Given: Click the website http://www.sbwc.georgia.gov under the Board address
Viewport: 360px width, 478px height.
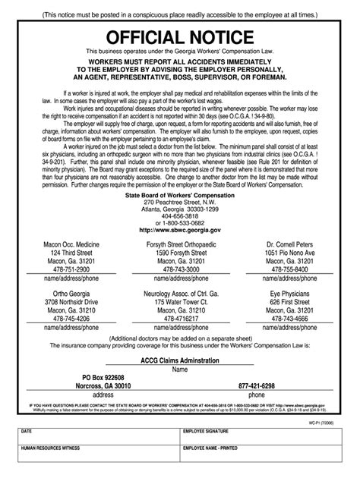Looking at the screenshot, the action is click(180, 229).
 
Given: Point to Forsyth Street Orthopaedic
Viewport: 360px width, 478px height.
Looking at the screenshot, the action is click(180, 244).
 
